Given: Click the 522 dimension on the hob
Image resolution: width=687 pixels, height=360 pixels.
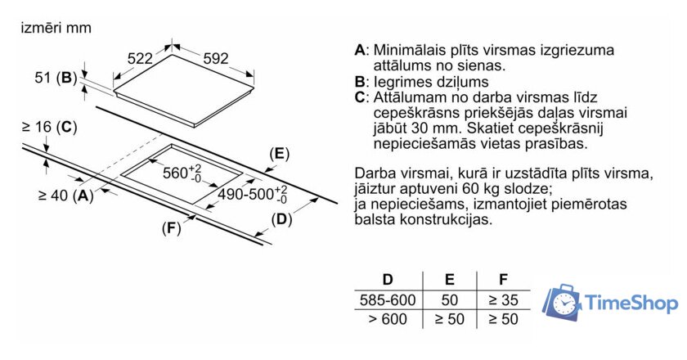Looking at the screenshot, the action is click(x=140, y=58).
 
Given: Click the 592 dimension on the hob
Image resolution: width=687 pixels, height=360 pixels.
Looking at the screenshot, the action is click(x=216, y=58).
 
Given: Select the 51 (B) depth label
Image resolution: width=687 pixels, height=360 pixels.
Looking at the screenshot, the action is click(x=56, y=78).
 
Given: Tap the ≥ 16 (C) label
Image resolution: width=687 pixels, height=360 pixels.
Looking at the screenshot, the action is click(x=49, y=127).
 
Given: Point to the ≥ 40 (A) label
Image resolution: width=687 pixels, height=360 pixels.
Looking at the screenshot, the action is click(x=66, y=195).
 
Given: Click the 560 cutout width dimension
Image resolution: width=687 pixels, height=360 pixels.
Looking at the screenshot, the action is click(x=182, y=173).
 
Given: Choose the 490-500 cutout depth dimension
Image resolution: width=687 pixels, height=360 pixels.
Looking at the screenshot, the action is click(x=253, y=194).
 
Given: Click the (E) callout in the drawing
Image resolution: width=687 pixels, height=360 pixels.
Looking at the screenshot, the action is click(x=280, y=154).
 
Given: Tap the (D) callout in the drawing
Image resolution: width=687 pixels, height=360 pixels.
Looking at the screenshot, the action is click(x=281, y=219).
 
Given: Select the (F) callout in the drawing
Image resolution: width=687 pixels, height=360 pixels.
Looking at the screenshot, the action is click(x=171, y=228).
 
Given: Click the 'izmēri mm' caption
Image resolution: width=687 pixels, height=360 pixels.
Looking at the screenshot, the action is click(x=56, y=28).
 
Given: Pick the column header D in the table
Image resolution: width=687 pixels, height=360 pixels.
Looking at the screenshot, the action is click(x=388, y=279).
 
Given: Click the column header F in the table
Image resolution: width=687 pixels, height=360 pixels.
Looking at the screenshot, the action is click(x=504, y=279).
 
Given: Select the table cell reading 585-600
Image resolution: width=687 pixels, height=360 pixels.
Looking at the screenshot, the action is click(x=388, y=300).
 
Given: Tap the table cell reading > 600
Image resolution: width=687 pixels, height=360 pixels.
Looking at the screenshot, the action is click(x=388, y=319).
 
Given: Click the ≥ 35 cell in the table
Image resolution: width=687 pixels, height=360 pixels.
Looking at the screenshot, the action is click(x=504, y=300).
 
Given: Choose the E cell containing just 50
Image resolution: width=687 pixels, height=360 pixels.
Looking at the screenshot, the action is click(x=450, y=300).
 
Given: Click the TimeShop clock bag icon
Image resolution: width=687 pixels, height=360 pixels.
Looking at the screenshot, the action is click(x=562, y=302).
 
